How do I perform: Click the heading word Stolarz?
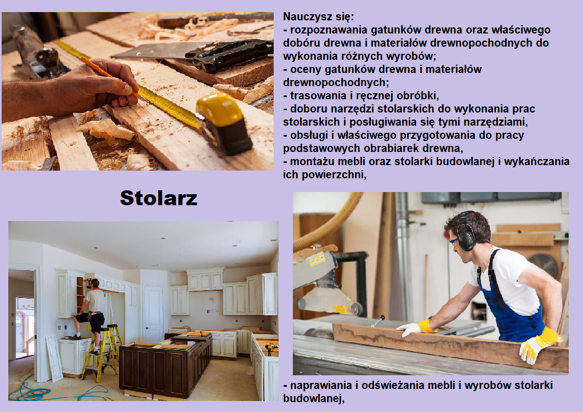[x=159, y=198]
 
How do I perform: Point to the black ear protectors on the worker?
[x=466, y=233]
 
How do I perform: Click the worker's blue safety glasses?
[x=454, y=241]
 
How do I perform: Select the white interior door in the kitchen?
[x=153, y=308]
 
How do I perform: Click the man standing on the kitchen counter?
[x=90, y=309]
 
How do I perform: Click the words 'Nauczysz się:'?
[x=318, y=17]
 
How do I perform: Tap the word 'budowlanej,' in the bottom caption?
[x=314, y=398]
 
